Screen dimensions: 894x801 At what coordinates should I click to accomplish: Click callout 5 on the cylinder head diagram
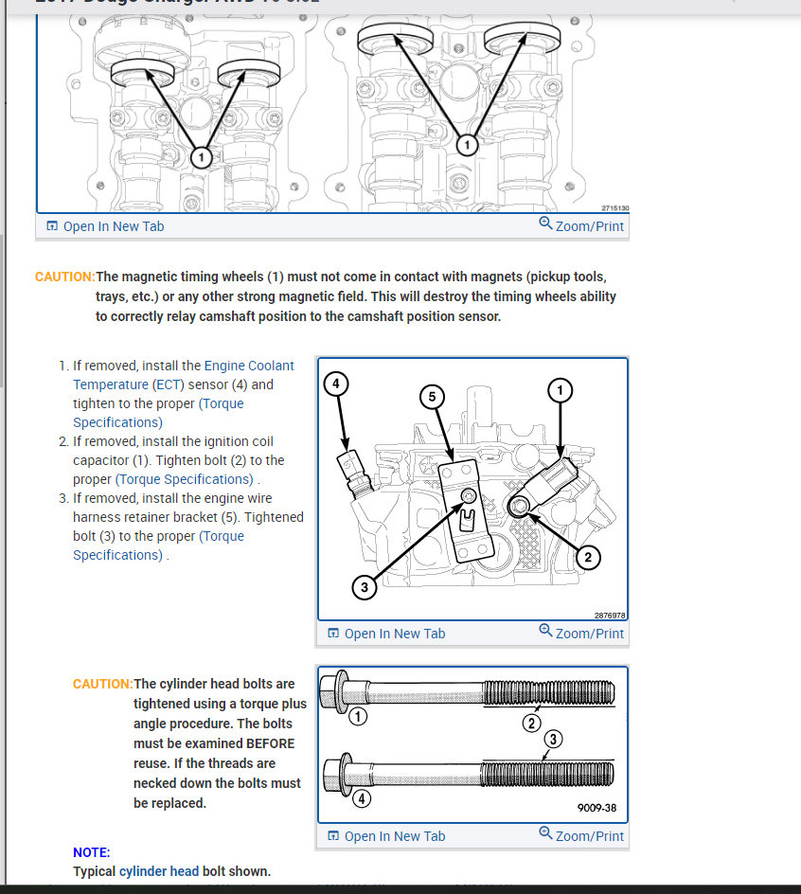pos(432,397)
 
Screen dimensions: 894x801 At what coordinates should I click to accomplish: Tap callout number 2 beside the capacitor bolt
pos(588,557)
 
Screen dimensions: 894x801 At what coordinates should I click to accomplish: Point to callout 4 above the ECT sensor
pos(336,384)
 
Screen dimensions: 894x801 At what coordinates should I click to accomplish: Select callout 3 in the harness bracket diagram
pos(365,588)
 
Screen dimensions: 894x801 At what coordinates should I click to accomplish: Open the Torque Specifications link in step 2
pos(186,479)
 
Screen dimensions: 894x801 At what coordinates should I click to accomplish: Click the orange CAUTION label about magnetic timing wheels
pos(64,277)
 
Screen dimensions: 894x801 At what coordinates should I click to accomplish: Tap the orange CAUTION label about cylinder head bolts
pos(103,684)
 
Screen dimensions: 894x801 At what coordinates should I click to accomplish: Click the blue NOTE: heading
pos(92,852)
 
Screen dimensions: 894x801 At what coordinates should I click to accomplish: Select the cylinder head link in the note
pos(159,871)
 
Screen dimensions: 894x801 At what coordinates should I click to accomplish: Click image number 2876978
pos(609,615)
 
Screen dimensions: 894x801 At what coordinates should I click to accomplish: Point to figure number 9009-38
pos(596,809)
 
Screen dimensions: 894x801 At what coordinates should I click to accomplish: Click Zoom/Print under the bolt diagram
pos(581,835)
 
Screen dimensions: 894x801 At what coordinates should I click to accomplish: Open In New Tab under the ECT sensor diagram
pos(386,634)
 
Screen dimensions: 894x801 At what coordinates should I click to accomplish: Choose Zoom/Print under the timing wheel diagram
pos(581,226)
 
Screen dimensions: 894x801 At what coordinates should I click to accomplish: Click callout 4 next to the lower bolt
pos(362,797)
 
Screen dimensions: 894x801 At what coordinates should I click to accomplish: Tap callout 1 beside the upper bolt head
pos(357,717)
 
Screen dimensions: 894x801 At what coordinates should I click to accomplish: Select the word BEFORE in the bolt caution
pos(271,743)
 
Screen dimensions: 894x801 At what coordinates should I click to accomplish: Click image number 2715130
pos(614,208)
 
